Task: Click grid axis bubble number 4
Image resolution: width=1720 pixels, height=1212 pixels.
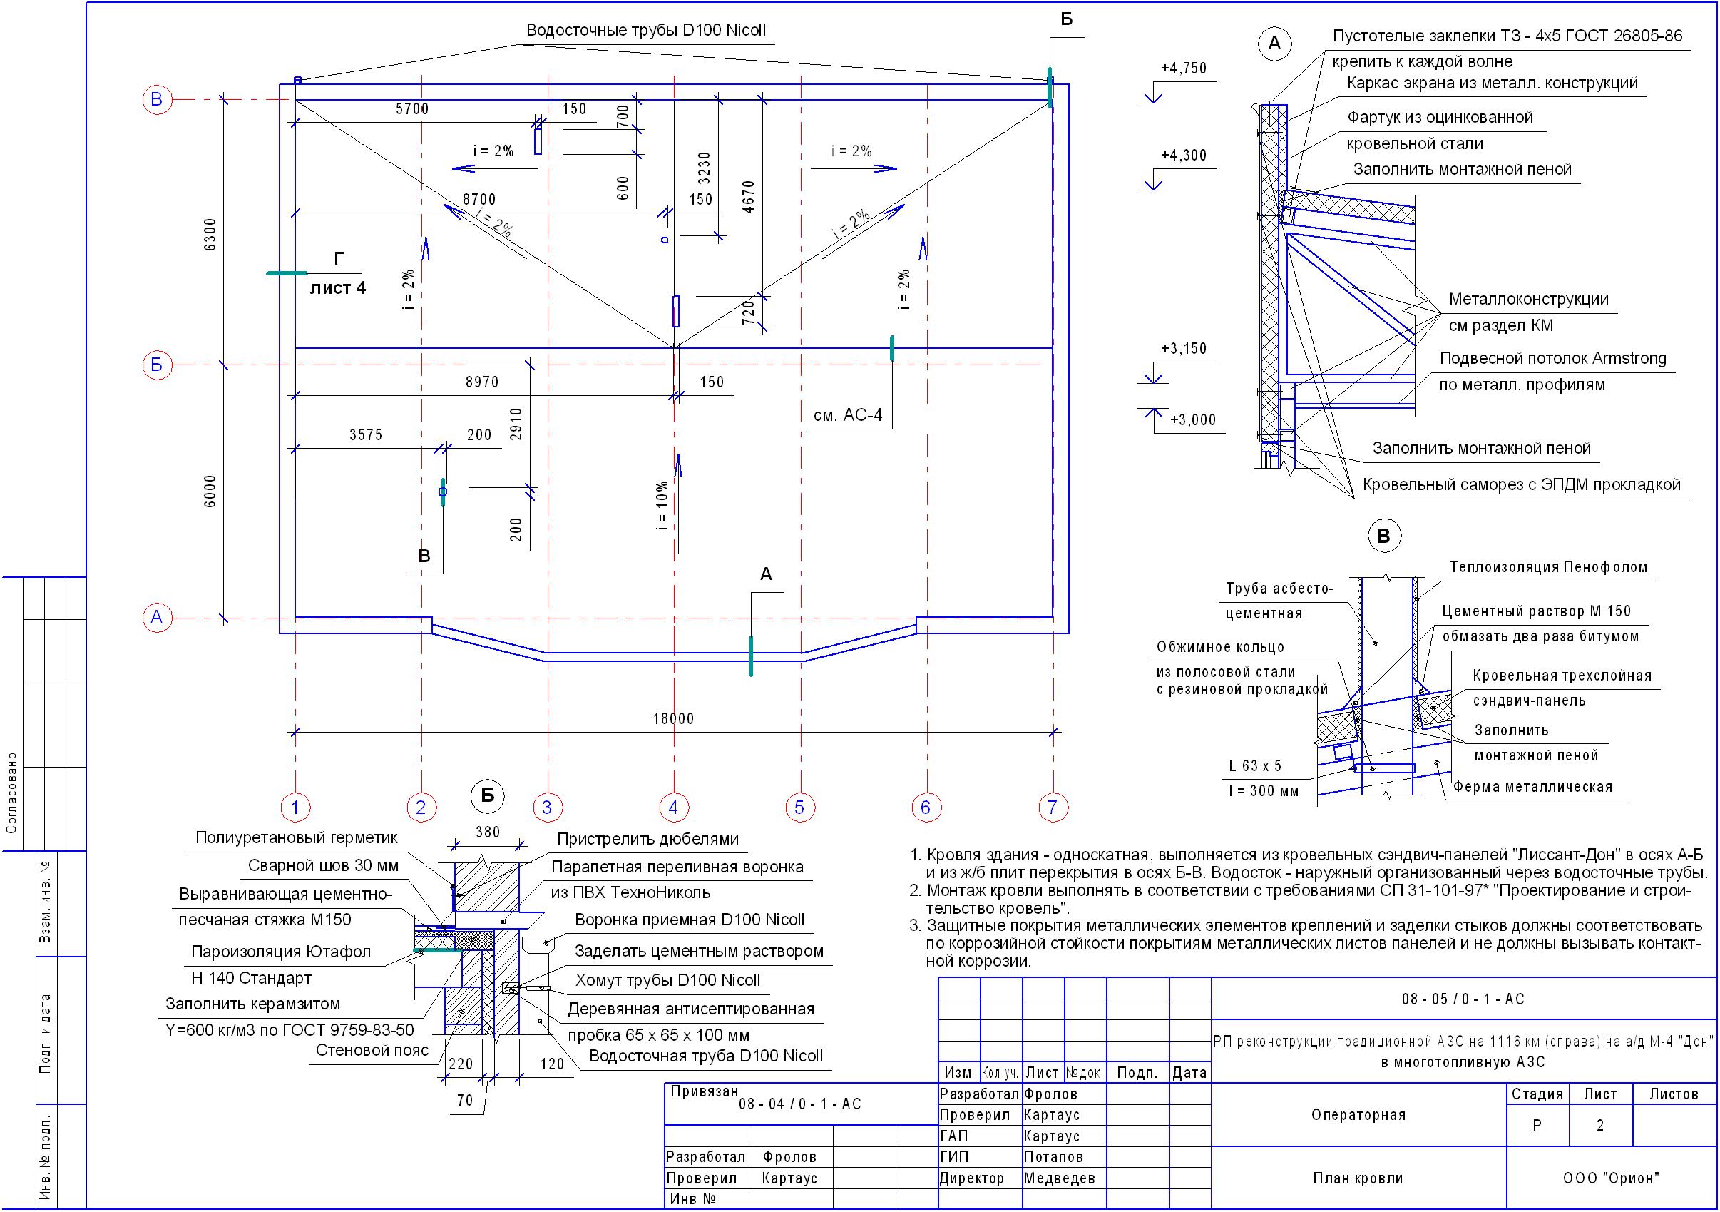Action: (x=673, y=808)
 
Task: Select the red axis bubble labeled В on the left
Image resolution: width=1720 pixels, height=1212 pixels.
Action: (x=157, y=99)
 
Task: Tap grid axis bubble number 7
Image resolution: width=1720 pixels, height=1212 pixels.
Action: (x=1053, y=808)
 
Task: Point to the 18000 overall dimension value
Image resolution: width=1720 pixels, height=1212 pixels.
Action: (x=673, y=719)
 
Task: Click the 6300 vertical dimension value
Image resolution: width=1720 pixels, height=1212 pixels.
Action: (x=210, y=235)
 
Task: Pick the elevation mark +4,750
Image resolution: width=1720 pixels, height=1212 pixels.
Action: (x=1184, y=68)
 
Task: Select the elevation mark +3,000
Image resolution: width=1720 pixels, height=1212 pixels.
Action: (x=1193, y=419)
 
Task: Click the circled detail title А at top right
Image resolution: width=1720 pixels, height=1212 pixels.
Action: (x=1274, y=43)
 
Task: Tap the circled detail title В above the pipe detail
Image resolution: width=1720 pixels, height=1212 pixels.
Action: (x=1383, y=536)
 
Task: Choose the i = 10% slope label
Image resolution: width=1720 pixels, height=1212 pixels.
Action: (x=662, y=505)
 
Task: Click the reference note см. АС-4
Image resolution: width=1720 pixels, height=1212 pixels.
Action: (x=848, y=415)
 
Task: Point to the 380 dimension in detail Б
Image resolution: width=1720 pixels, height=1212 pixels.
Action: (x=488, y=832)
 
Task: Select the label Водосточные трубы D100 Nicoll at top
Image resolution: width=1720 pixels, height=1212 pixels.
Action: (x=646, y=31)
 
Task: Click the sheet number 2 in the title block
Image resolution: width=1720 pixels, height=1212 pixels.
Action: (x=1599, y=1125)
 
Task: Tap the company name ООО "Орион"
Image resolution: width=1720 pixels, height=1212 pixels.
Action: (x=1611, y=1178)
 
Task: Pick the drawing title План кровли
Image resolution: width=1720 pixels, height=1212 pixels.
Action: (x=1358, y=1178)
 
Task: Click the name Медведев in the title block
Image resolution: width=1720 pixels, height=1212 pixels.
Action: (x=1059, y=1178)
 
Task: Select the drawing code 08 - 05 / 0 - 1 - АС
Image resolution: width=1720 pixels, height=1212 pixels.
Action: (x=1463, y=999)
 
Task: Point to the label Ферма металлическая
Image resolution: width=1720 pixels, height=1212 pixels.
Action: (x=1532, y=787)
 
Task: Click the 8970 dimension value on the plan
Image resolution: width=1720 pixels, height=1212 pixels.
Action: (x=481, y=382)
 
